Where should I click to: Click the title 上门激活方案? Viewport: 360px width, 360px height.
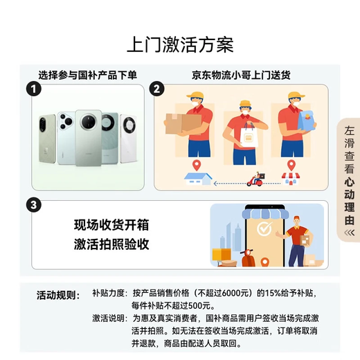point(180,44)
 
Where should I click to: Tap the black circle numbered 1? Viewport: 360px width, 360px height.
point(31,89)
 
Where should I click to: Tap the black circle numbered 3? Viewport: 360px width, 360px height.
point(31,206)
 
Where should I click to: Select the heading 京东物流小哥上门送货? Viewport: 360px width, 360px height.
point(240,74)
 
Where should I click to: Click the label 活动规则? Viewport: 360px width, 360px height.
point(59,294)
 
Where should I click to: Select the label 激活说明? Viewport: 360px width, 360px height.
point(109,318)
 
